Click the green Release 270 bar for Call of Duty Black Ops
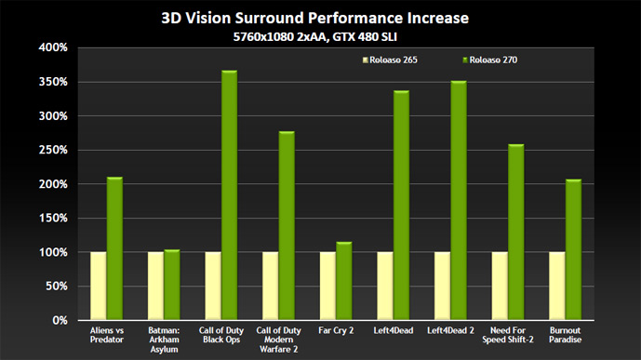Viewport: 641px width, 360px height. [x=230, y=195]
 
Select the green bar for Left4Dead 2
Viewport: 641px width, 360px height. [x=459, y=200]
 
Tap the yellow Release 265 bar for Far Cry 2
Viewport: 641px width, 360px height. [x=327, y=286]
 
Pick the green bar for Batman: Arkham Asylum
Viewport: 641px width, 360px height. [x=172, y=285]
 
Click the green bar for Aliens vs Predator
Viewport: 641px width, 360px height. [x=114, y=248]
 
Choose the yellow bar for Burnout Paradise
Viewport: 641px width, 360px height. [x=557, y=286]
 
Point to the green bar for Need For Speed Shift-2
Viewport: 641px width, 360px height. [x=516, y=233]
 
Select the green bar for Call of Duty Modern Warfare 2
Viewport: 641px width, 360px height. [x=287, y=225]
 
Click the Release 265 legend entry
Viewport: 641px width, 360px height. [x=390, y=60]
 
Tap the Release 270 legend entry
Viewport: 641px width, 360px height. [x=489, y=60]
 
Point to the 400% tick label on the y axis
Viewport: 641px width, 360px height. [x=53, y=47]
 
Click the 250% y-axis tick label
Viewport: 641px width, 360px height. [x=53, y=150]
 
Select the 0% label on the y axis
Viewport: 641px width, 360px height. [x=60, y=320]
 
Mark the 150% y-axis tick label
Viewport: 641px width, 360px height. [x=53, y=219]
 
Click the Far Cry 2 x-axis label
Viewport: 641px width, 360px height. [x=336, y=330]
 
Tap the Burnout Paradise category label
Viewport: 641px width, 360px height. [x=566, y=335]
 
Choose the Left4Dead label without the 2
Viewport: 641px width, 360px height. [x=394, y=330]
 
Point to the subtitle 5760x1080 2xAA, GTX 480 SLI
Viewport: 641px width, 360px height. [x=315, y=37]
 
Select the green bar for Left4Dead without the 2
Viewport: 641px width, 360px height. [x=402, y=206]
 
